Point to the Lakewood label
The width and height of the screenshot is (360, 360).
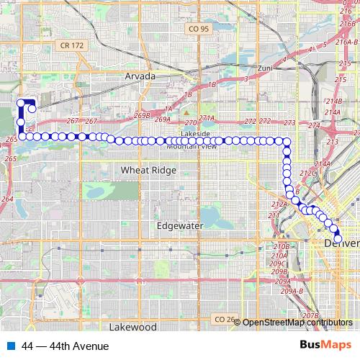132,326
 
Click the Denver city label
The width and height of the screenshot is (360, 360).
341,245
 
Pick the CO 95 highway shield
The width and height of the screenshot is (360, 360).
199,28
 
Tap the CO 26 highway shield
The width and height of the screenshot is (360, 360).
225,319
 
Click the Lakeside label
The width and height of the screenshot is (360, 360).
194,134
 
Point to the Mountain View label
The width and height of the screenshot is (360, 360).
192,146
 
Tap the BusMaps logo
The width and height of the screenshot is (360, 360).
325,346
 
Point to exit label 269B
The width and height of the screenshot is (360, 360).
142,114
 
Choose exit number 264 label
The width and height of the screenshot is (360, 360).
7,199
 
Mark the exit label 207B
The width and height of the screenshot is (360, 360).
310,315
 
